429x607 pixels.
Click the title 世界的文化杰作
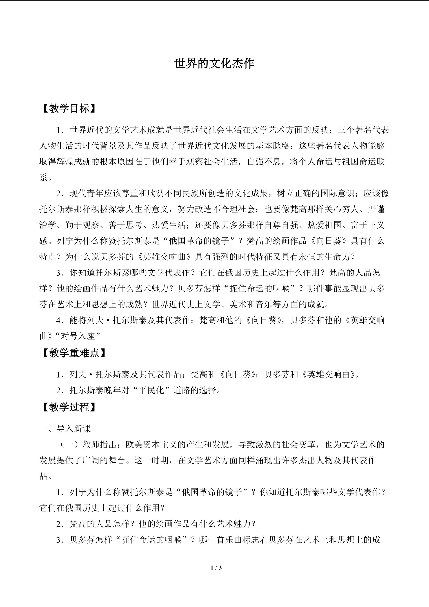click(214, 63)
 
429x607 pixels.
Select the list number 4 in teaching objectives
click(59, 320)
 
